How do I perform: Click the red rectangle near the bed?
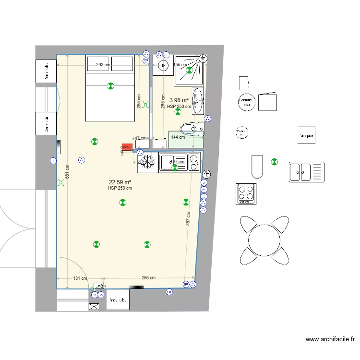pyautogui.click(x=127, y=146)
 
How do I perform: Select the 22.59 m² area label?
pyautogui.click(x=120, y=182)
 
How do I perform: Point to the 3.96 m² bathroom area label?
pyautogui.click(x=179, y=100)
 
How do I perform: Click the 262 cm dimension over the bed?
pyautogui.click(x=103, y=65)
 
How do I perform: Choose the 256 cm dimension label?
pyautogui.click(x=149, y=278)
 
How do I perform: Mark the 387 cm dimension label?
pyautogui.click(x=188, y=218)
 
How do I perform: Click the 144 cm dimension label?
pyautogui.click(x=178, y=137)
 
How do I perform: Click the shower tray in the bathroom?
pyautogui.click(x=189, y=70)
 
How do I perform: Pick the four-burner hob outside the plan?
pyautogui.click(x=246, y=193)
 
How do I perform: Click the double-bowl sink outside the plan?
pyautogui.click(x=306, y=172)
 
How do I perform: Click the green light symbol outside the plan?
pyautogui.click(x=274, y=162)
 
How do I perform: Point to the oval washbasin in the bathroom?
pyautogui.click(x=198, y=101)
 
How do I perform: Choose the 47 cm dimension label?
pyautogui.click(x=141, y=138)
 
